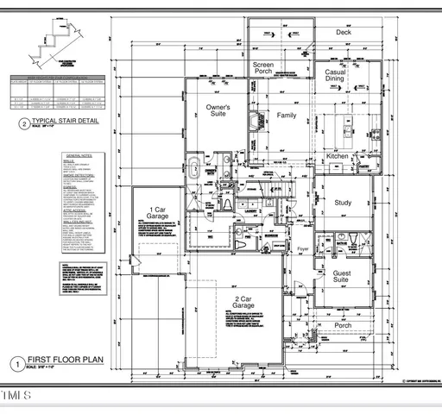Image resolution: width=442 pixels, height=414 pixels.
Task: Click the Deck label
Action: pyautogui.click(x=344, y=33)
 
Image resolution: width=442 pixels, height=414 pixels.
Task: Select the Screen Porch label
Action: pyautogui.click(x=263, y=70)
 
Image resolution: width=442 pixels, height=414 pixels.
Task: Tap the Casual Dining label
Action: pyautogui.click(x=334, y=75)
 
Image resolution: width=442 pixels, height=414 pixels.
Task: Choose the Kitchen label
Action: pyautogui.click(x=338, y=156)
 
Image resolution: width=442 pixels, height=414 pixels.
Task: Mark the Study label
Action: pyautogui.click(x=344, y=203)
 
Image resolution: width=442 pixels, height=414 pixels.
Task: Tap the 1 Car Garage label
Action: pyautogui.click(x=157, y=214)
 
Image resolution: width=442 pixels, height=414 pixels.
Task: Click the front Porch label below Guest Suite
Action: pyautogui.click(x=344, y=325)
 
